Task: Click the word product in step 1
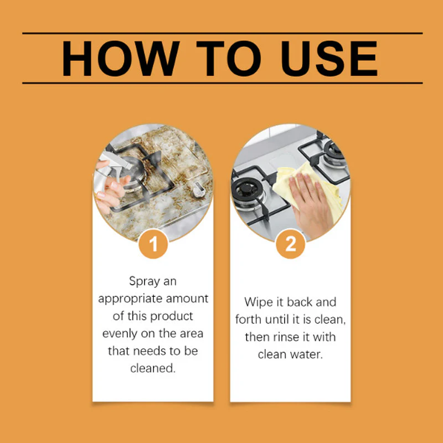tap(173, 316)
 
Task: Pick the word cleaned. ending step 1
tap(153, 368)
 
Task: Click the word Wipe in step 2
tap(258, 302)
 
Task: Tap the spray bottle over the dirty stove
tap(113, 166)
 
